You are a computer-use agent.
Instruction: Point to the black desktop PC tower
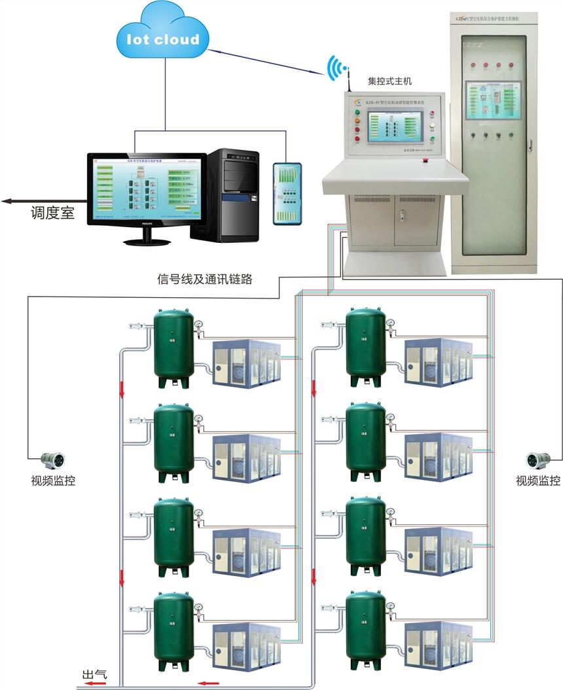coord(232,194)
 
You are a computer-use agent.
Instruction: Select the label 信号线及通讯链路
coord(205,279)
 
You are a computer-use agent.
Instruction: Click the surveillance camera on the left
coord(51,460)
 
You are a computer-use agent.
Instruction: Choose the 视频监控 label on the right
coord(538,481)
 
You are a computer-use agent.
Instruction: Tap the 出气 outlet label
coord(93,674)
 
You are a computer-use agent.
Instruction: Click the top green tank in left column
coord(173,348)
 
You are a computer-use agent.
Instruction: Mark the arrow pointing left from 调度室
coord(13,202)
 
